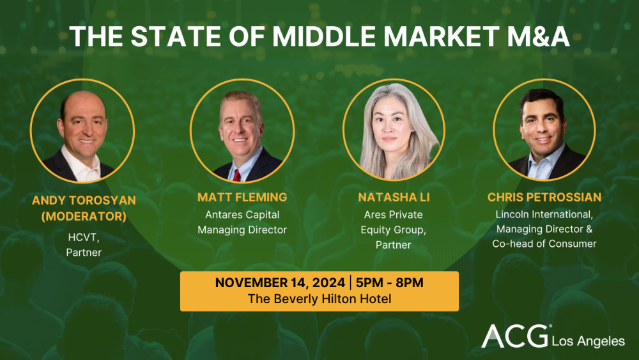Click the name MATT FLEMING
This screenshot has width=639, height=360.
click(x=242, y=198)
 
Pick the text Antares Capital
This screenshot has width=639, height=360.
click(x=242, y=215)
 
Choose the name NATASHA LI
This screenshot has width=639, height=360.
click(x=394, y=198)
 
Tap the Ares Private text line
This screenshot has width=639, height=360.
click(x=394, y=215)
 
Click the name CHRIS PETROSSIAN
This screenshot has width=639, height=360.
click(x=544, y=198)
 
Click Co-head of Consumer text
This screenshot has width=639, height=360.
click(x=544, y=244)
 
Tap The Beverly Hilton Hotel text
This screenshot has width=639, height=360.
click(x=319, y=299)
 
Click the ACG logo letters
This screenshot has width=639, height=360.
click(x=515, y=337)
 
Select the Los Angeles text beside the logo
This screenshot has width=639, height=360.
click(x=588, y=341)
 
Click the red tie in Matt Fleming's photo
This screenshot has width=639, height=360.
click(x=237, y=175)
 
